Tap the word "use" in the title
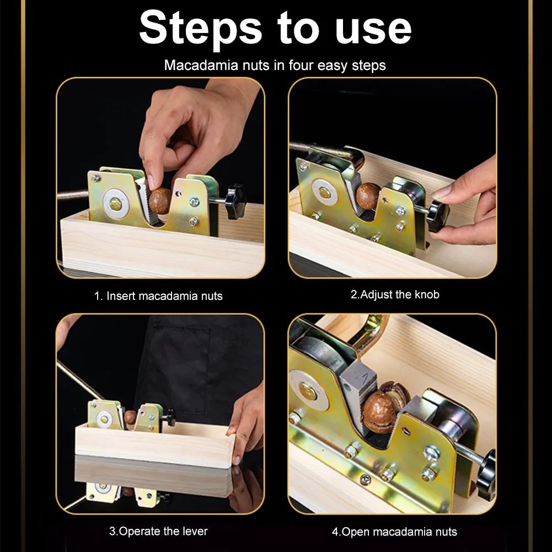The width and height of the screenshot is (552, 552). (x=373, y=30)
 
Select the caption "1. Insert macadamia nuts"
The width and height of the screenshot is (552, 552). (x=158, y=296)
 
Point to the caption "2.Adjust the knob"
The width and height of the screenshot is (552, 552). (x=395, y=294)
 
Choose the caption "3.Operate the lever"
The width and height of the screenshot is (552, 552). (x=158, y=531)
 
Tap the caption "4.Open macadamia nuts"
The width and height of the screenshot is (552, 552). (x=394, y=532)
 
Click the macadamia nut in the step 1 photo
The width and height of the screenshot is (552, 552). (x=160, y=201)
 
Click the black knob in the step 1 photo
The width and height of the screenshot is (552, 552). (x=235, y=201)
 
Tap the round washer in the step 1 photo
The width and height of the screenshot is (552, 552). (x=115, y=203)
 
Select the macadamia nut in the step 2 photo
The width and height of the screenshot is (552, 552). (x=367, y=196)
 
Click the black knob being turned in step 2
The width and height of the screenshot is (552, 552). (x=438, y=216)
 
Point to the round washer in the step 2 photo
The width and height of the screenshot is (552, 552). (x=324, y=192)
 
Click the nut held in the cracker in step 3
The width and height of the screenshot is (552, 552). (x=130, y=417)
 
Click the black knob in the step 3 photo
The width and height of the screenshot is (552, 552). (x=170, y=418)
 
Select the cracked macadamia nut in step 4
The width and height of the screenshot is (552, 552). (x=384, y=406)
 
